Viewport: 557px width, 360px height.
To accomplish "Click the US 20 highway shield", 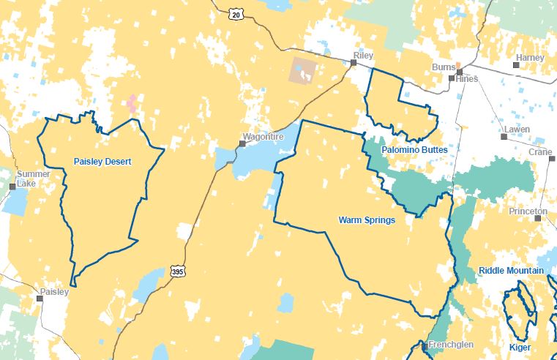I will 234,14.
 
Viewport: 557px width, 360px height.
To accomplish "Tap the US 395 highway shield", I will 178,271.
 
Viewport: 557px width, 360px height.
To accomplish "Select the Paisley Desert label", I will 102,162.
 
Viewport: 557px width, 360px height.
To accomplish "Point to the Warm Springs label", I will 367,220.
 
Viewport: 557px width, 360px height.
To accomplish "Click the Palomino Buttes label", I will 415,149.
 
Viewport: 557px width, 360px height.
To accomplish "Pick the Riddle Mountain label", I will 511,271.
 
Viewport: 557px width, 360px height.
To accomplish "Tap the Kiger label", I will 520,348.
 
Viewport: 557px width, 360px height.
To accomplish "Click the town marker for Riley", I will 353,64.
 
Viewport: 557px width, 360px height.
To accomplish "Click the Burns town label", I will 444,67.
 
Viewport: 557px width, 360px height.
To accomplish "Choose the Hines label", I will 466,79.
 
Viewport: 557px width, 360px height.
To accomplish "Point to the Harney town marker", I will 516,65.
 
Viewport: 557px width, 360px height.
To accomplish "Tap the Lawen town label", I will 515,129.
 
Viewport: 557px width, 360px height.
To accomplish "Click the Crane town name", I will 540,152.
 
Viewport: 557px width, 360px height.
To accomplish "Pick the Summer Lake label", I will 34,178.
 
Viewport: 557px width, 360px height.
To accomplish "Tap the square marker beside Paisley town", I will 40,299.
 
